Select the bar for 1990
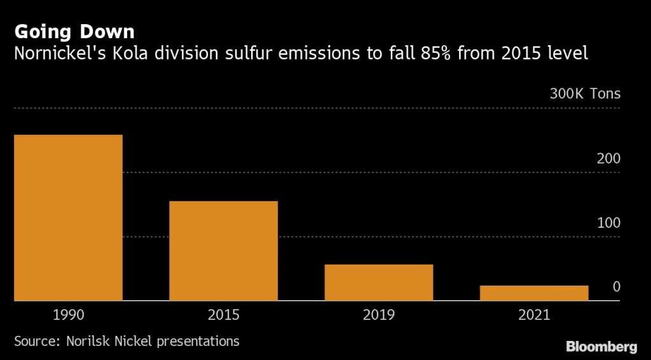point(68,217)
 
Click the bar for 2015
point(223,251)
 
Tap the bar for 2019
point(379,282)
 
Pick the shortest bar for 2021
point(534,293)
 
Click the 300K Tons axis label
point(585,95)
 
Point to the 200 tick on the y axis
point(608,159)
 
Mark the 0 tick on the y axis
point(616,287)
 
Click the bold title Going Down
point(74,31)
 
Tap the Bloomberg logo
point(601,347)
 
